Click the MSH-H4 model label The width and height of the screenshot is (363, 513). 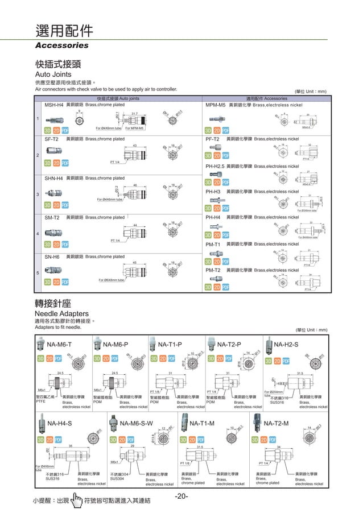(54, 105)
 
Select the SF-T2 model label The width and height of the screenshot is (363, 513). (52, 139)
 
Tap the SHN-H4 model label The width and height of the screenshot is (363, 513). (54, 179)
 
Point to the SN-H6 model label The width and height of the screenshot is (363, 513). (52, 257)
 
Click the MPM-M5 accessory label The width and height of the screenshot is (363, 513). (216, 105)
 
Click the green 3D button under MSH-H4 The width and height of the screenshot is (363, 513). (48, 130)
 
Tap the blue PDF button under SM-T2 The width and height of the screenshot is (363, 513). (65, 245)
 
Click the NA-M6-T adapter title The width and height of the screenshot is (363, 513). (59, 345)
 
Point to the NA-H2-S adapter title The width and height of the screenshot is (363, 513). (287, 345)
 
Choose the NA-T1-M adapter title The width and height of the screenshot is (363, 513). (202, 424)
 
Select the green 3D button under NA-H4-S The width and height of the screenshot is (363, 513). (41, 440)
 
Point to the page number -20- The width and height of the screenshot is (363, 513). (181, 497)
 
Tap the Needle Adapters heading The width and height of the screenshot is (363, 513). (62, 313)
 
